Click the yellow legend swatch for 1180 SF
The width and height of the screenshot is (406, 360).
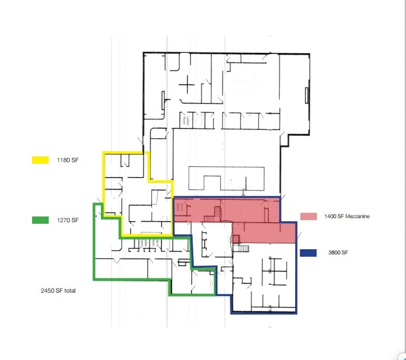click(40, 160)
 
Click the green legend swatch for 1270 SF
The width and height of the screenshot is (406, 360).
click(40, 220)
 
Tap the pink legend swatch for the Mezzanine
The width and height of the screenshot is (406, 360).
click(308, 217)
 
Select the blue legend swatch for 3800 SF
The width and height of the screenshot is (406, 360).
click(308, 253)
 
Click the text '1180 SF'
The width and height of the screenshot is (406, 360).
click(68, 161)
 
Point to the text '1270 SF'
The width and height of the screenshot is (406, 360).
click(68, 221)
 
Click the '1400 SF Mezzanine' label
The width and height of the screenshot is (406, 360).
click(347, 217)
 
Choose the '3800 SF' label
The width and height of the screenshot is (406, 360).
click(338, 253)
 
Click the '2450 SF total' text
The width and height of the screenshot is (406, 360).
click(58, 291)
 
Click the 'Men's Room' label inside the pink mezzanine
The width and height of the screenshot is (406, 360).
click(182, 209)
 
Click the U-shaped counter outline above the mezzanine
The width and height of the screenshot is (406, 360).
click(227, 178)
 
